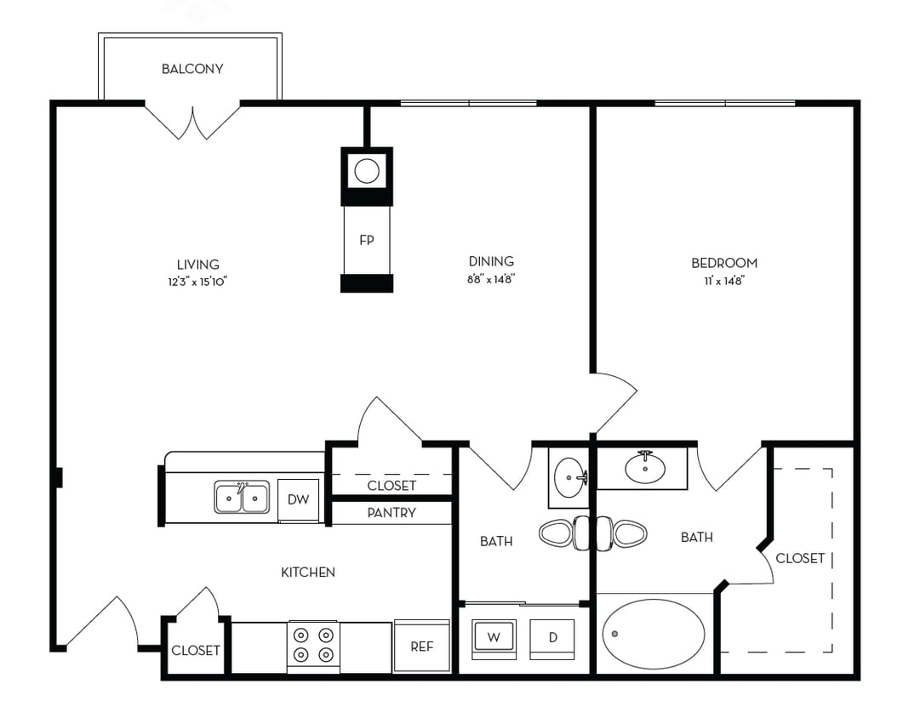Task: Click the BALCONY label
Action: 192,69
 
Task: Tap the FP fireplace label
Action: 367,240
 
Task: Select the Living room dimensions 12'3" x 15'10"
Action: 197,282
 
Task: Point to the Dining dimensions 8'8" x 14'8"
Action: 491,278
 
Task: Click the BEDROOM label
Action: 723,263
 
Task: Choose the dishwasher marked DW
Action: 298,499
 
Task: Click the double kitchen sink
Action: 242,498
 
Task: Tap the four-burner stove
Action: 312,645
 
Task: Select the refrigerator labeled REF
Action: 422,647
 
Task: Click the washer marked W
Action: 494,637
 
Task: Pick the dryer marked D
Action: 552,637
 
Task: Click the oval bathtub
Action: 654,634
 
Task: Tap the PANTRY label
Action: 391,513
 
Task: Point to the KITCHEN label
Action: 308,573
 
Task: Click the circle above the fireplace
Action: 367,172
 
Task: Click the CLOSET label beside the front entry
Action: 196,651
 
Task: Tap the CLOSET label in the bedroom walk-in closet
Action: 800,558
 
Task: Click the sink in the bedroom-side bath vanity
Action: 645,467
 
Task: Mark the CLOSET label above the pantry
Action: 391,486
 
